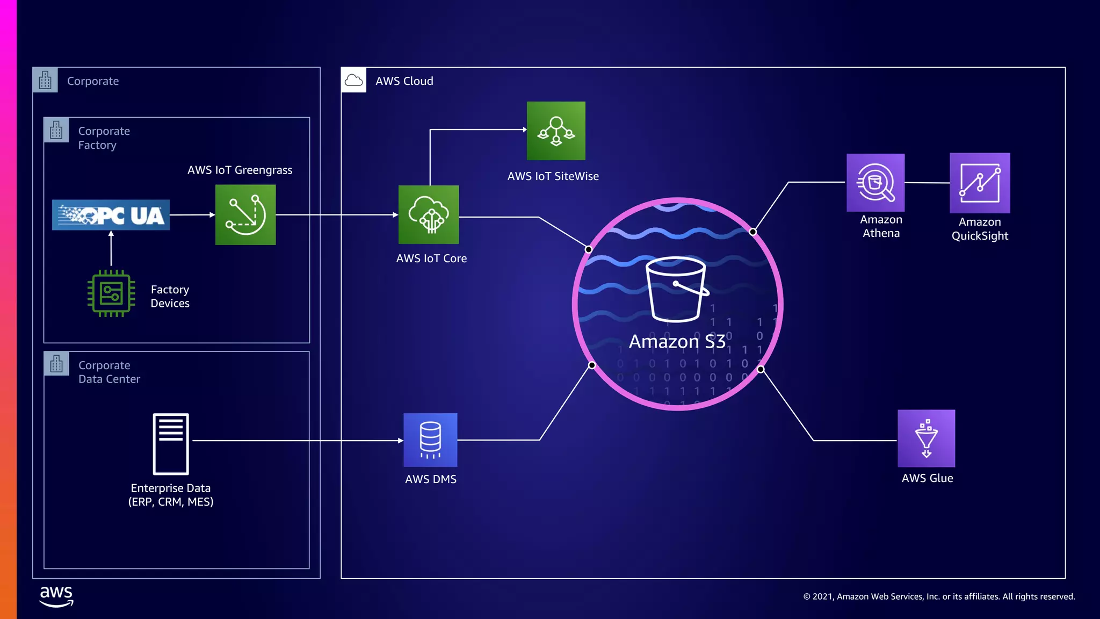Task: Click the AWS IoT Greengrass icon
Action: tap(245, 215)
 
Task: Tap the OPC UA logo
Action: tap(111, 215)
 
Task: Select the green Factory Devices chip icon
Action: tap(111, 293)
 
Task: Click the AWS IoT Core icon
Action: tap(429, 215)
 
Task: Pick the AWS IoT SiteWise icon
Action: tap(556, 131)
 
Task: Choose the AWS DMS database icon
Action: tap(430, 440)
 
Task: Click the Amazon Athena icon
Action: tap(875, 183)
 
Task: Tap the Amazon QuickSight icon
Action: tap(980, 183)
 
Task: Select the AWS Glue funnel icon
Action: tap(926, 438)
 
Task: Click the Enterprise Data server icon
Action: tap(171, 444)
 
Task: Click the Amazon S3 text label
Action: tap(677, 342)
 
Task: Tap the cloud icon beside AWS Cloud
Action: tap(353, 81)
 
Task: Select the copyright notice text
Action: tap(939, 596)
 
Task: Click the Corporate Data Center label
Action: tap(109, 372)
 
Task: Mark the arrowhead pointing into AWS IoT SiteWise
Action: tap(524, 129)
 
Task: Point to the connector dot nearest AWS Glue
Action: tap(761, 369)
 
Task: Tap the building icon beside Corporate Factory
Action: tap(56, 130)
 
